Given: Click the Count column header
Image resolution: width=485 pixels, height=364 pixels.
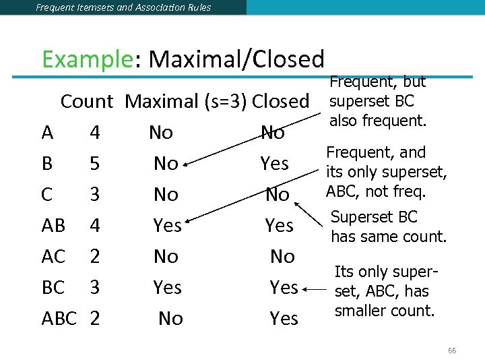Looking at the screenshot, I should point(87,102).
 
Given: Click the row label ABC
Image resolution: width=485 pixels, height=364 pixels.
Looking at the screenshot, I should point(59,318).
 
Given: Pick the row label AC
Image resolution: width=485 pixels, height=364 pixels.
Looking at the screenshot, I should point(53,256).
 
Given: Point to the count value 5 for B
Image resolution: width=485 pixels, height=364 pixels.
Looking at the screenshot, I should point(95,164).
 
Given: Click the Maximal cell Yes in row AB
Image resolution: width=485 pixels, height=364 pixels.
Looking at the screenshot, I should point(167,226).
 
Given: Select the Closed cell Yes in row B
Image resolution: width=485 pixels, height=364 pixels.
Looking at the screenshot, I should point(275,164).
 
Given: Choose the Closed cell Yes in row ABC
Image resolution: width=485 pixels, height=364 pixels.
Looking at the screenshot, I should point(284,318).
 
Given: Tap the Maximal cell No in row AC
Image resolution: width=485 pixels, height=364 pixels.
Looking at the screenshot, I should point(166,256).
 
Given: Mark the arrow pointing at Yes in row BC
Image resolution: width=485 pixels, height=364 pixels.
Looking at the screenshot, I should point(313,289).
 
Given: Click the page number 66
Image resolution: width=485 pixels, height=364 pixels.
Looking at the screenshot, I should point(452,351).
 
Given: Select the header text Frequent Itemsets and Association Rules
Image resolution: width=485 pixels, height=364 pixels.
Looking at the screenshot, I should point(123,7).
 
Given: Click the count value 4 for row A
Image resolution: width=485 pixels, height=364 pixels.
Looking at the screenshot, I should point(95,133).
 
